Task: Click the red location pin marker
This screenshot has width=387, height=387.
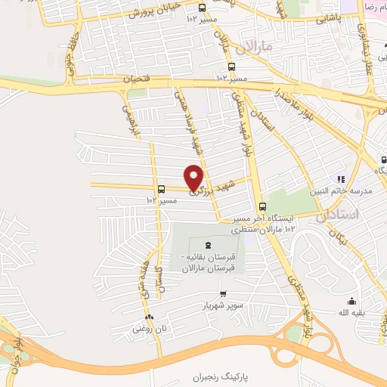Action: point(194,177)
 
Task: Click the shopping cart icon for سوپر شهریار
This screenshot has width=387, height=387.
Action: point(223,294)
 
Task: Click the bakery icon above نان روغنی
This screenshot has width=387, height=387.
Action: point(149,317)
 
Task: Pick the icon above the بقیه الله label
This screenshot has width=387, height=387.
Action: point(351,301)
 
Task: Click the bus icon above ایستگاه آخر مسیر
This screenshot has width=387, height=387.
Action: point(263,207)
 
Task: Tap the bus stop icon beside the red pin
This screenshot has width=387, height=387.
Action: point(160,190)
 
